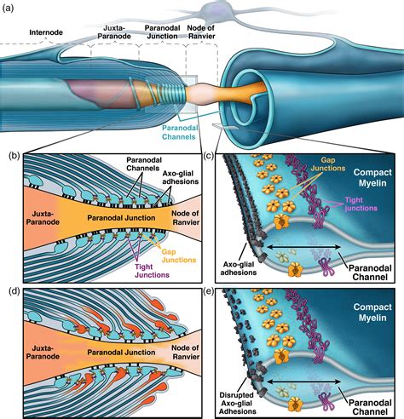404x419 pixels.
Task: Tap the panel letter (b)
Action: (14, 156)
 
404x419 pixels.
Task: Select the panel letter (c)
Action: (209, 156)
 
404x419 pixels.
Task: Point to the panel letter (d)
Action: (14, 291)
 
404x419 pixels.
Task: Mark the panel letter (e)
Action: (209, 291)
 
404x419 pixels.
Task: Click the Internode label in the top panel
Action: (46, 32)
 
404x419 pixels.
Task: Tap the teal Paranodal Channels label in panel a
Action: (179, 132)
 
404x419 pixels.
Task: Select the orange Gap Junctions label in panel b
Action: (179, 255)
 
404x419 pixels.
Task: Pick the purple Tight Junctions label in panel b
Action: (152, 271)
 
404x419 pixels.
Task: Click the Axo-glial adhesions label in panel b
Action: (180, 177)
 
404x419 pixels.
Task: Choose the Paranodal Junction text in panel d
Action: (121, 353)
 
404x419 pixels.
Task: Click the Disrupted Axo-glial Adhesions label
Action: (238, 403)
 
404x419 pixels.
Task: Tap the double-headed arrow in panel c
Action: (303, 248)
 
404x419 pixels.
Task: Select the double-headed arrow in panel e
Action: (303, 382)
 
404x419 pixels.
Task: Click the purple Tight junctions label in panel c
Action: (361, 204)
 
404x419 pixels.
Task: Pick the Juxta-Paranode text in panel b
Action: (43, 217)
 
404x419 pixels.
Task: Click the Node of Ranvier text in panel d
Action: (185, 352)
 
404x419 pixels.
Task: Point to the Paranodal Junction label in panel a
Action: (162, 32)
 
